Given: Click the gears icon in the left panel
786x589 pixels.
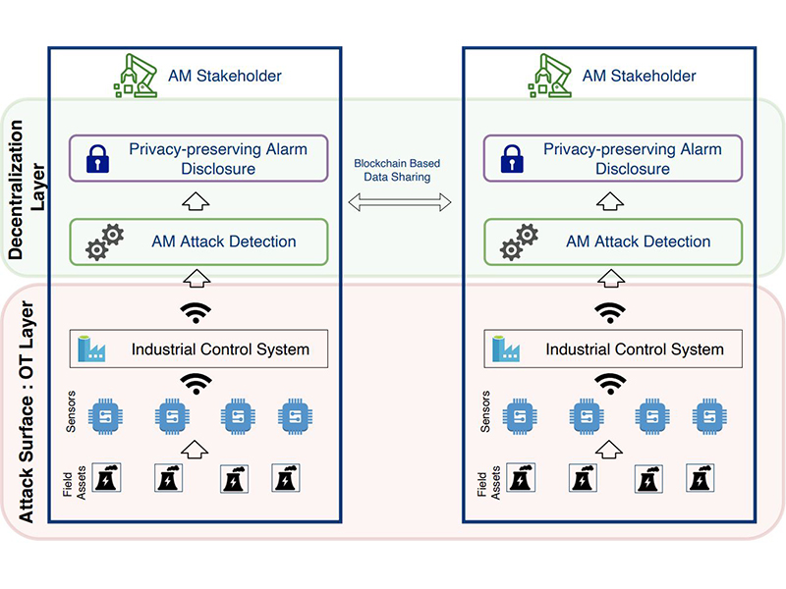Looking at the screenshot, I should click(104, 241).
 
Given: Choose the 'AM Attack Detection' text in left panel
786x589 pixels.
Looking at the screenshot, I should click(224, 241).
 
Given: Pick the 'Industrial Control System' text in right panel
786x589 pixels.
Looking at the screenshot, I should click(635, 348).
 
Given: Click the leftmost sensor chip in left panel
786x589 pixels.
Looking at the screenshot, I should click(105, 416).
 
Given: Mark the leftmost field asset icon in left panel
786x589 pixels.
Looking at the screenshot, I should click(105, 478).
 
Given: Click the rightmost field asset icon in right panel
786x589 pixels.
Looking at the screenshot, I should click(700, 478).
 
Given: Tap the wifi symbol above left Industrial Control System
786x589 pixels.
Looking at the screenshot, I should click(196, 312).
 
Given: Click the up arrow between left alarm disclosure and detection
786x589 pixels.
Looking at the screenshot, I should click(196, 202).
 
